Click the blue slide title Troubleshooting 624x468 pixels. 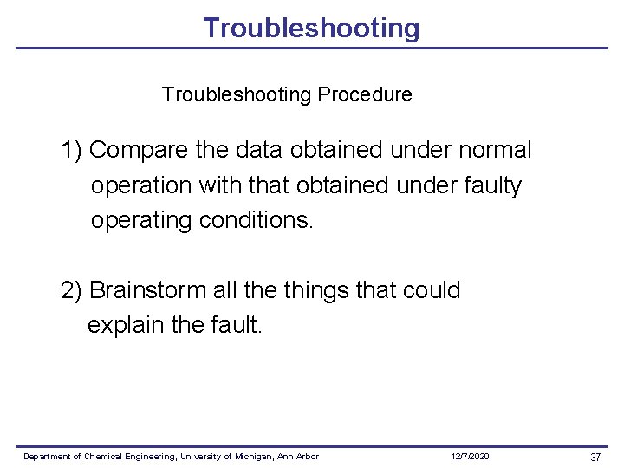tap(311, 28)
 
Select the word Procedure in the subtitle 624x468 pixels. tap(365, 94)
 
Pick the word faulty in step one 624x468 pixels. tap(492, 185)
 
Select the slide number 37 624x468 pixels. tap(595, 457)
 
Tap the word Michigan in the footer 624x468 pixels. tap(256, 457)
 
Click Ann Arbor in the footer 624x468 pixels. tap(299, 457)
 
